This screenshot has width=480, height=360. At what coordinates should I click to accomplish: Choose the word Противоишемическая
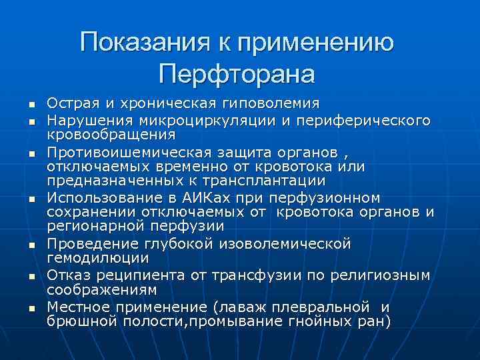tap(127, 150)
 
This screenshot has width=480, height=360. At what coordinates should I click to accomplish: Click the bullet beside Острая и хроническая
tap(31, 105)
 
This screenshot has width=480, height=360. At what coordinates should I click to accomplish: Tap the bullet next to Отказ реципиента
tap(31, 277)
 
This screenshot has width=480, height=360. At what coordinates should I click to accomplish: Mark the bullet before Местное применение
tap(31, 307)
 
